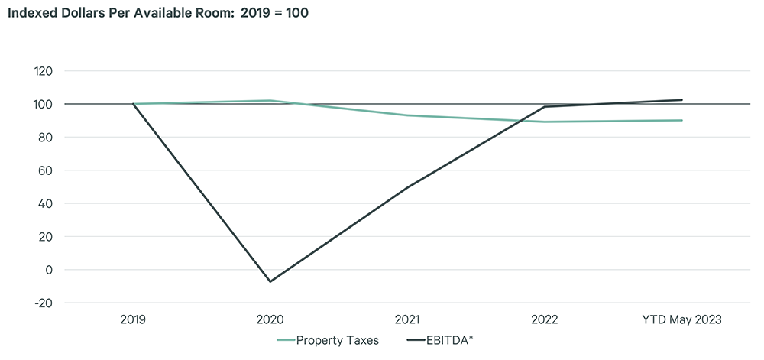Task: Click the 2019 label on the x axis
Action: [x=133, y=319]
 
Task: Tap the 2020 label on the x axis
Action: [x=270, y=319]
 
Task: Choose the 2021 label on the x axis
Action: [x=407, y=319]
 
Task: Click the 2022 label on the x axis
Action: [x=545, y=319]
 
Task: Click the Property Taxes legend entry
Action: [x=329, y=340]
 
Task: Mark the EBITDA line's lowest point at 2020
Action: [x=270, y=281]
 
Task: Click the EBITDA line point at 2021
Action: [x=407, y=187]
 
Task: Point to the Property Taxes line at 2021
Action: [x=407, y=115]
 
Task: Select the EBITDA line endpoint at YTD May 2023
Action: [x=681, y=100]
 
